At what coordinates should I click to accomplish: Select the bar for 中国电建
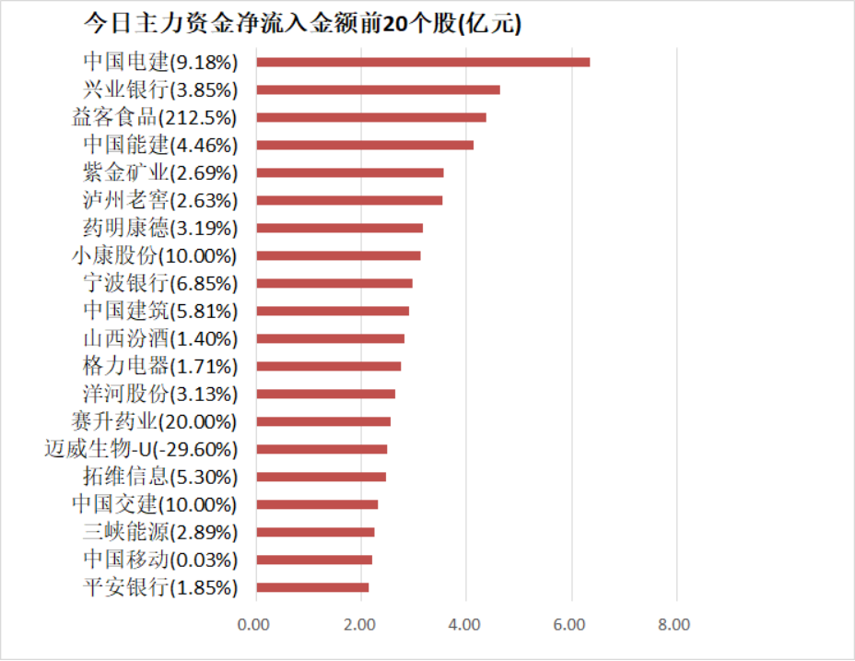click(x=423, y=62)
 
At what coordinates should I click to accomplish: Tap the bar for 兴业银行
click(x=378, y=89)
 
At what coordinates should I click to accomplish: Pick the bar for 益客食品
click(x=370, y=117)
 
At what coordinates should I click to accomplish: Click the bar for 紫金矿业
click(x=349, y=172)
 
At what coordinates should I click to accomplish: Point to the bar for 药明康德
click(x=339, y=228)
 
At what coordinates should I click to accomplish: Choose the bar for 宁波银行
click(x=334, y=283)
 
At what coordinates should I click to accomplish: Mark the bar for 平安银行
click(x=311, y=587)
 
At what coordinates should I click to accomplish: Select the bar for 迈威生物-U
click(x=321, y=449)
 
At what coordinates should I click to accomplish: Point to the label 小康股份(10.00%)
click(x=154, y=255)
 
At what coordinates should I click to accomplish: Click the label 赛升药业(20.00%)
click(x=154, y=421)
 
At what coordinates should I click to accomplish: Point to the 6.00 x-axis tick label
click(x=570, y=625)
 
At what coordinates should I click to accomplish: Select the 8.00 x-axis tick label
click(x=675, y=625)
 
